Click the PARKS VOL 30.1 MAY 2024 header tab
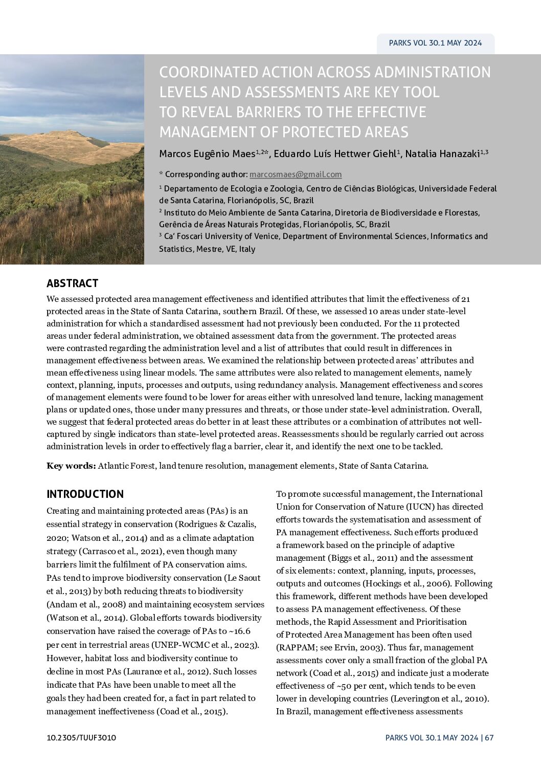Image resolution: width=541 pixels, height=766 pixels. click(x=435, y=43)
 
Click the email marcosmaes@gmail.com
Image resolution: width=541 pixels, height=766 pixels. click(x=296, y=174)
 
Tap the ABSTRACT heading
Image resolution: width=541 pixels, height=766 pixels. click(x=72, y=283)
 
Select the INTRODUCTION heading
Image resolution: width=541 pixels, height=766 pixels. click(x=85, y=494)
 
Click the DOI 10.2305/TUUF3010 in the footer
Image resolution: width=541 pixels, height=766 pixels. click(x=81, y=737)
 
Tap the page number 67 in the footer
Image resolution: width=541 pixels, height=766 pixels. click(x=489, y=737)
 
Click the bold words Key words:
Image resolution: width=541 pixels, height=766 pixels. click(x=71, y=466)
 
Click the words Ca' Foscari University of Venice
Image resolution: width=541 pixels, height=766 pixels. click(x=222, y=236)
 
